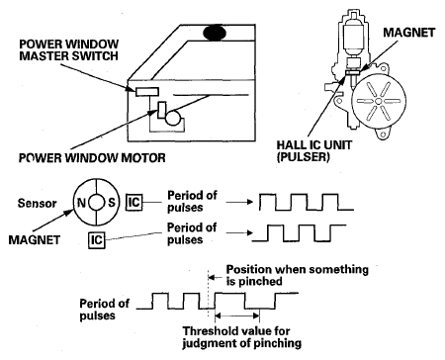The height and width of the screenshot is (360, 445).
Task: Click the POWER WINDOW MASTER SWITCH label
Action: tap(69, 50)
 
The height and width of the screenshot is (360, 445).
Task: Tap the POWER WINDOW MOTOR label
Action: tap(92, 158)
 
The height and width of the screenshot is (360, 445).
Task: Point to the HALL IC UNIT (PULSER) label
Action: tap(314, 150)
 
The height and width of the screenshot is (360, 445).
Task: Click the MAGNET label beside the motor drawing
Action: tap(409, 33)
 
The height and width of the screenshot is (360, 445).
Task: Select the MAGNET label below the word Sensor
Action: tap(35, 239)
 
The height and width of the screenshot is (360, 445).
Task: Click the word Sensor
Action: tap(37, 203)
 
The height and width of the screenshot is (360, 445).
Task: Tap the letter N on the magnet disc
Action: tap(81, 203)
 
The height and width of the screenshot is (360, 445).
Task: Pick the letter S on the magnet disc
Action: tap(112, 202)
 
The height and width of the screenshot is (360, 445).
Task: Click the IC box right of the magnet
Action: tap(133, 202)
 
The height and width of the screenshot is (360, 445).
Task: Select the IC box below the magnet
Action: tap(97, 239)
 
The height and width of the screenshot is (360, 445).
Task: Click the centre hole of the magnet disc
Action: tap(96, 202)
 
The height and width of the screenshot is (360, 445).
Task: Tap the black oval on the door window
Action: tap(215, 33)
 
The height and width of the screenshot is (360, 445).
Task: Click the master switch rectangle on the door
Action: tap(147, 92)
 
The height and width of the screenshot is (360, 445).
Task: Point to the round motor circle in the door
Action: tap(173, 118)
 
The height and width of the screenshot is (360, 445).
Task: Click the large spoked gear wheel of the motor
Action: tap(379, 101)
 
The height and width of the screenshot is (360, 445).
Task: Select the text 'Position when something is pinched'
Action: tap(298, 275)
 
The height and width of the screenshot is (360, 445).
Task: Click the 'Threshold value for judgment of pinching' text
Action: tap(242, 337)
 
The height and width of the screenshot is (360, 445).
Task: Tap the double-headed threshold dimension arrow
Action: tap(237, 316)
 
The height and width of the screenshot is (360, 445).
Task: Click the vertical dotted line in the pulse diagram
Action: tap(208, 294)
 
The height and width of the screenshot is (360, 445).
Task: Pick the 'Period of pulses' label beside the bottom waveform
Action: tap(104, 310)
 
